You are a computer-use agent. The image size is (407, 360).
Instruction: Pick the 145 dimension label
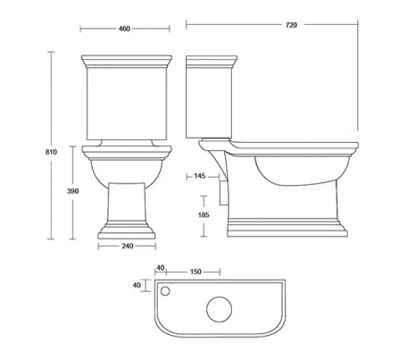pyautogui.click(x=199, y=176)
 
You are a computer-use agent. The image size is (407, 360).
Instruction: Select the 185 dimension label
pyautogui.click(x=203, y=215)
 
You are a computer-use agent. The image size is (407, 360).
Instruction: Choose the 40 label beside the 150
pyautogui.click(x=161, y=266)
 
